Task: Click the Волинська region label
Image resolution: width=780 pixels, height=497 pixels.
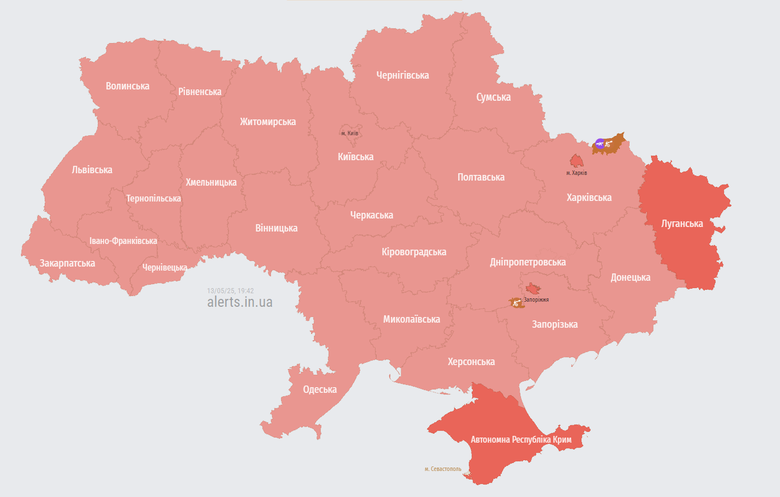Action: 127,86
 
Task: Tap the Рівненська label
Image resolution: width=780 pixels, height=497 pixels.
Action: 200,92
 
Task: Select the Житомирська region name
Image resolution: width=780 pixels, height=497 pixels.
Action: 268,122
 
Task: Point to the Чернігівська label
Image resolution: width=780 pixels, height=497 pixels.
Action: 402,75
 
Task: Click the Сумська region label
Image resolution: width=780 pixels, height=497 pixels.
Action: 493,97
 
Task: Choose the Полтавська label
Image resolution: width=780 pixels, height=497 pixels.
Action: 481,177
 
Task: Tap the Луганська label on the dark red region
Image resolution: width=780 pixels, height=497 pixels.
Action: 682,224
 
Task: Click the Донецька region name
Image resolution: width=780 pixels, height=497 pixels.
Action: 630,277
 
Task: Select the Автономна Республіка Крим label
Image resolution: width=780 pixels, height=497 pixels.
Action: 521,439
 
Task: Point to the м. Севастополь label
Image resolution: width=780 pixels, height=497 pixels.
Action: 443,469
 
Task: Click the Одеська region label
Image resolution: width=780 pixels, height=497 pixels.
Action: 320,389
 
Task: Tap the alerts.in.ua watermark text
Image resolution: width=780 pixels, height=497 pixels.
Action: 240,302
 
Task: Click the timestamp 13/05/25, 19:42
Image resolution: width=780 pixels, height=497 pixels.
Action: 230,291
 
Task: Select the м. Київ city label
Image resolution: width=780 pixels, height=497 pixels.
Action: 350,133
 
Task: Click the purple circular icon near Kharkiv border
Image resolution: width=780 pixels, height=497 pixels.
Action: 600,143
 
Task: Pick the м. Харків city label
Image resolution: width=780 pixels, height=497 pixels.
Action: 576,173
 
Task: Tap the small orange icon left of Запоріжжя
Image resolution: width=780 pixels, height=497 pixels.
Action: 516,303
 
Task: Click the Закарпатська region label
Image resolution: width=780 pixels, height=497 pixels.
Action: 67,263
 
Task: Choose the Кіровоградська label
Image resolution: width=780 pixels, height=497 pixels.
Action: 413,252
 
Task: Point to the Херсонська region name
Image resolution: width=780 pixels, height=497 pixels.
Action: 471,362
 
